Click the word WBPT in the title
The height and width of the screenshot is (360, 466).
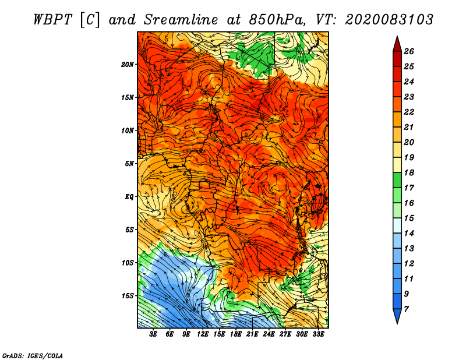[52, 20]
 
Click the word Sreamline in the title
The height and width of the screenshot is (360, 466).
[181, 20]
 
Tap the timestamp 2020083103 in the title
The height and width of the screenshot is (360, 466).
[389, 20]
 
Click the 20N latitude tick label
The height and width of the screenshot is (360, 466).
[128, 65]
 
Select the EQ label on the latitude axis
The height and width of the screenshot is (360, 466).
[129, 197]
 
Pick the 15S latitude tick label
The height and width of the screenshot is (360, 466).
[128, 296]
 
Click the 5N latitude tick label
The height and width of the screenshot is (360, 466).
[129, 164]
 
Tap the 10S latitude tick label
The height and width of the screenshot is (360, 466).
[128, 263]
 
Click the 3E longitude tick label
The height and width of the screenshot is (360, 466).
[153, 334]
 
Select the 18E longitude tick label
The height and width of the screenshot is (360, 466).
[236, 334]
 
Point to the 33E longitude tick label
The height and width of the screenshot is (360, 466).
[318, 334]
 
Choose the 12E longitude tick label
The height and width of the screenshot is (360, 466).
[203, 334]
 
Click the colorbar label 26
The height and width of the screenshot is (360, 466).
[409, 51]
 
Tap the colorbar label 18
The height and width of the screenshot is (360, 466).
[409, 172]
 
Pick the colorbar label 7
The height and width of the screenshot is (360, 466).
[406, 309]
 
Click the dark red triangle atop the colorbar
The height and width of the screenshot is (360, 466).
[397, 45]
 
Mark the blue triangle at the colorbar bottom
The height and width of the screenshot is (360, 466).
[397, 315]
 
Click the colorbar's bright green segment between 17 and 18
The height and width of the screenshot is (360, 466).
[397, 180]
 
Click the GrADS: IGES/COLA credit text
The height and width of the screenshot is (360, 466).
[33, 356]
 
